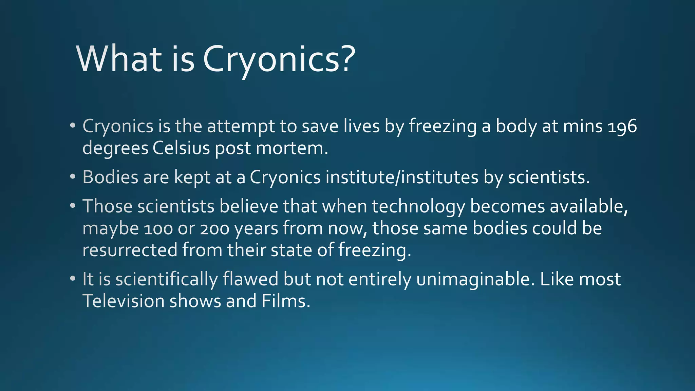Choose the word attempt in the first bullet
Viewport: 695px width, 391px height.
241,126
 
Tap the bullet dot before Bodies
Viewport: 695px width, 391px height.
72,177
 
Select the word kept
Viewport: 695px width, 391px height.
192,177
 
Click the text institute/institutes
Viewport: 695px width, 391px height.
402,177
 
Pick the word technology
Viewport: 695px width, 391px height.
418,206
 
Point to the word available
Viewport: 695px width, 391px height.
588,206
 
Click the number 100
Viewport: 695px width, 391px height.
158,229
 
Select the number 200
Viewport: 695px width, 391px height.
214,229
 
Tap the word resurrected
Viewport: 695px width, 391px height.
130,250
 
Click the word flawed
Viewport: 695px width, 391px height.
250,279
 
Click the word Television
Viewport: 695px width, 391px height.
123,301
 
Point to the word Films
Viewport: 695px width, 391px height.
285,301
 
